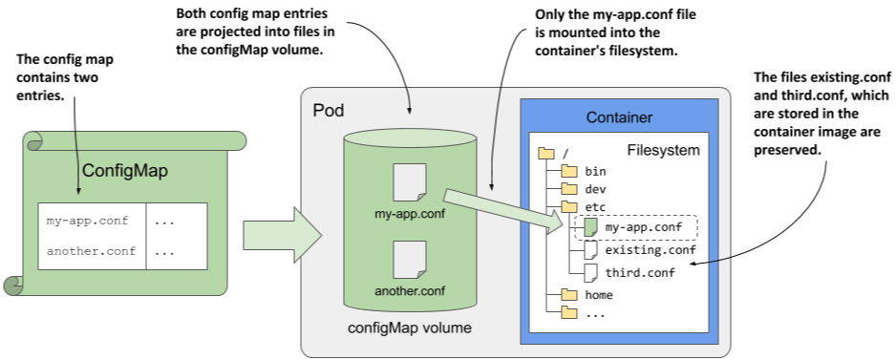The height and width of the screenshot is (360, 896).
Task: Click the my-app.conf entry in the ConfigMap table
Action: [88, 222]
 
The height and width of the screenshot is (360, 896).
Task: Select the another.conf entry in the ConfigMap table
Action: [92, 251]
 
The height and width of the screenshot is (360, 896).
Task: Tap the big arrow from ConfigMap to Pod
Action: [283, 235]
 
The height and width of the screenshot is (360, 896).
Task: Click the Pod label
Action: [329, 110]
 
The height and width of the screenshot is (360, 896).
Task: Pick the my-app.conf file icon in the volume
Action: [410, 182]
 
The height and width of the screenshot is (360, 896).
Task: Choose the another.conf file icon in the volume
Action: [410, 260]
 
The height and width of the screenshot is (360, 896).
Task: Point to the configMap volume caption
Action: [410, 328]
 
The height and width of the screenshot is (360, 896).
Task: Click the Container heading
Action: [619, 117]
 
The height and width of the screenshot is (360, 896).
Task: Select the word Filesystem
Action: [664, 150]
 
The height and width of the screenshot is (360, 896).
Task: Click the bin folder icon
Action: [569, 171]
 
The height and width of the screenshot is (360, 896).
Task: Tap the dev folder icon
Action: [569, 189]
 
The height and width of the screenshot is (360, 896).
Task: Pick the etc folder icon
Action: [569, 207]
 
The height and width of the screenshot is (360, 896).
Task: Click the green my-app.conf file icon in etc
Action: [590, 227]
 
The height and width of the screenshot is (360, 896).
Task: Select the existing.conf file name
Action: [651, 250]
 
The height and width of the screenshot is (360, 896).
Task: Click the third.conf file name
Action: [640, 272]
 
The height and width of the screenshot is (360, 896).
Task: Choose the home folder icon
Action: [569, 295]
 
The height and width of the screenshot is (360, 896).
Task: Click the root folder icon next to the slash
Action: [547, 153]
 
